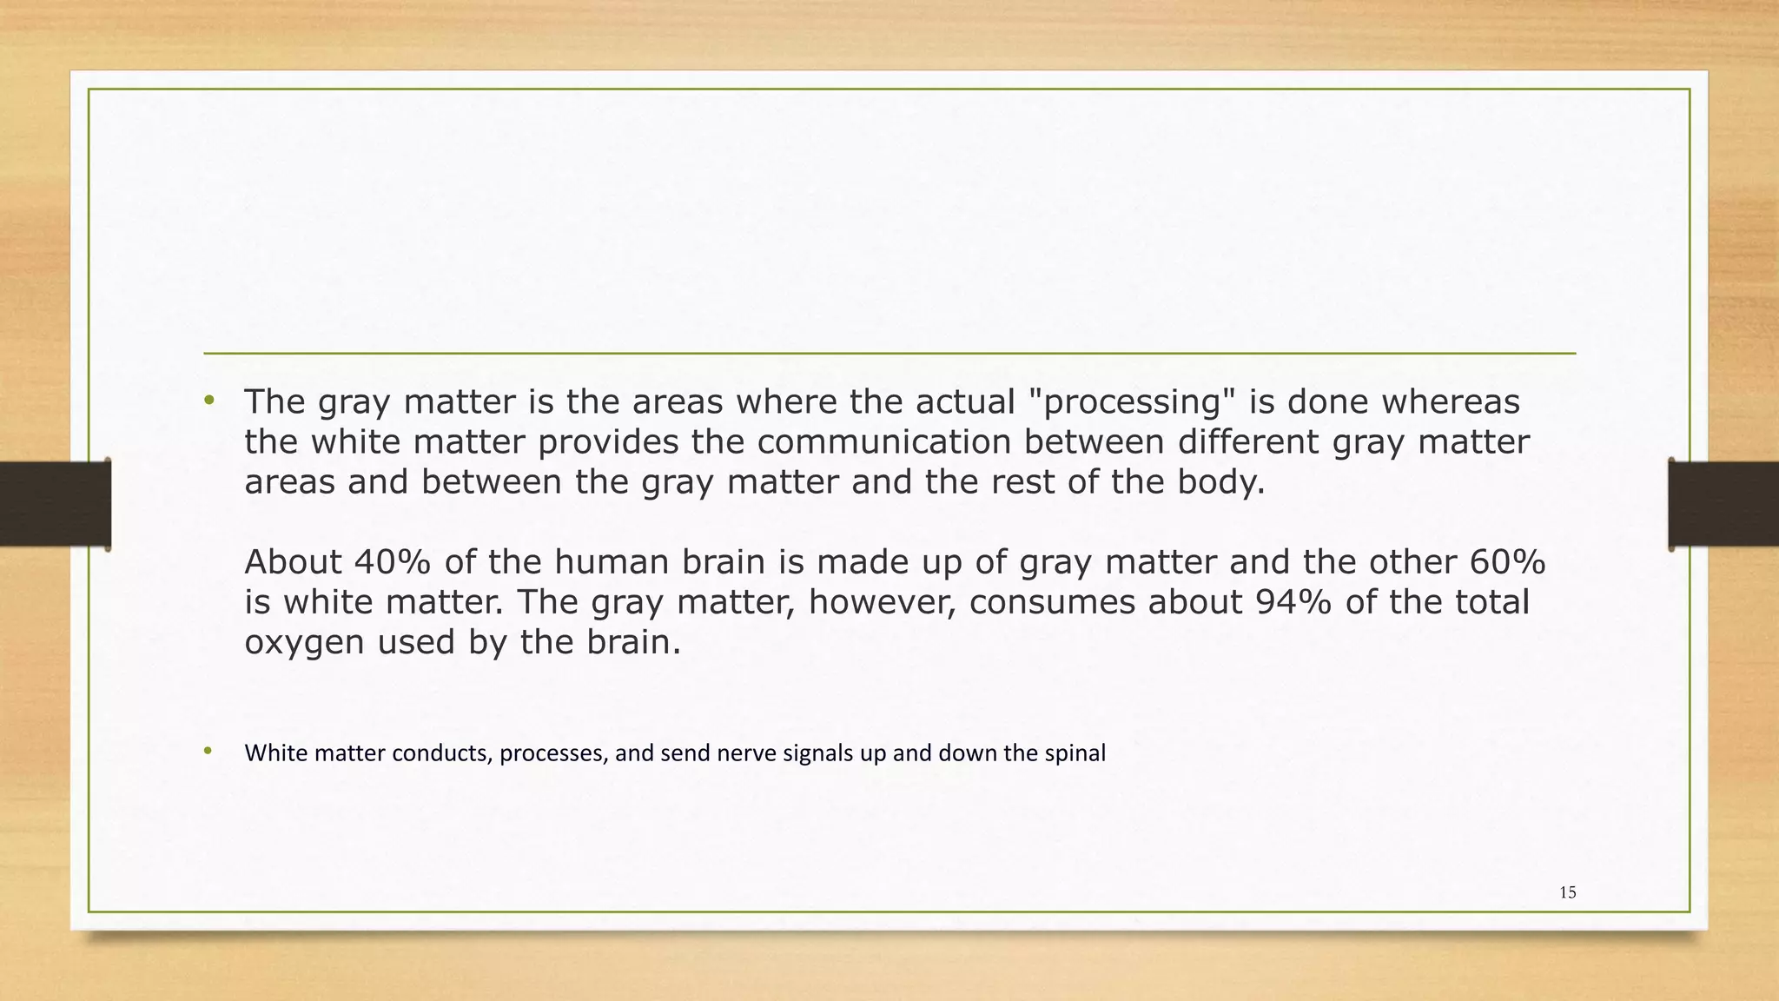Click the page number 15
1567,892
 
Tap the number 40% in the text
392,562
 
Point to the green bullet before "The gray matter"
208,401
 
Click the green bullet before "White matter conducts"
208,751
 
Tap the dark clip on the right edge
1723,504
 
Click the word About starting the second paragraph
293,562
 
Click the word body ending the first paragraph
1215,482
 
